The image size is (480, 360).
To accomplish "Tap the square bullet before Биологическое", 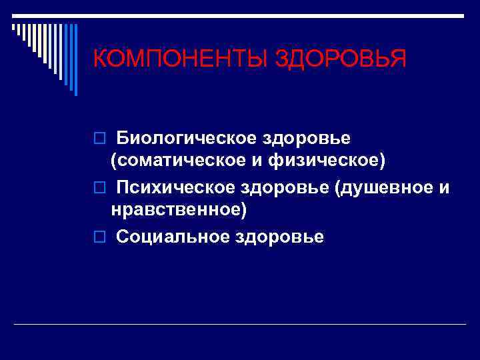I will (99, 139).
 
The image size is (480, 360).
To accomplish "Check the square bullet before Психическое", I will (99, 189).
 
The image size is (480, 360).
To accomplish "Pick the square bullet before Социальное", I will (99, 237).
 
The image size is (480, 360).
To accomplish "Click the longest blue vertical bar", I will (75, 59).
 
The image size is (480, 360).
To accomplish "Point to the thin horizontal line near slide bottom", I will (240, 324).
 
